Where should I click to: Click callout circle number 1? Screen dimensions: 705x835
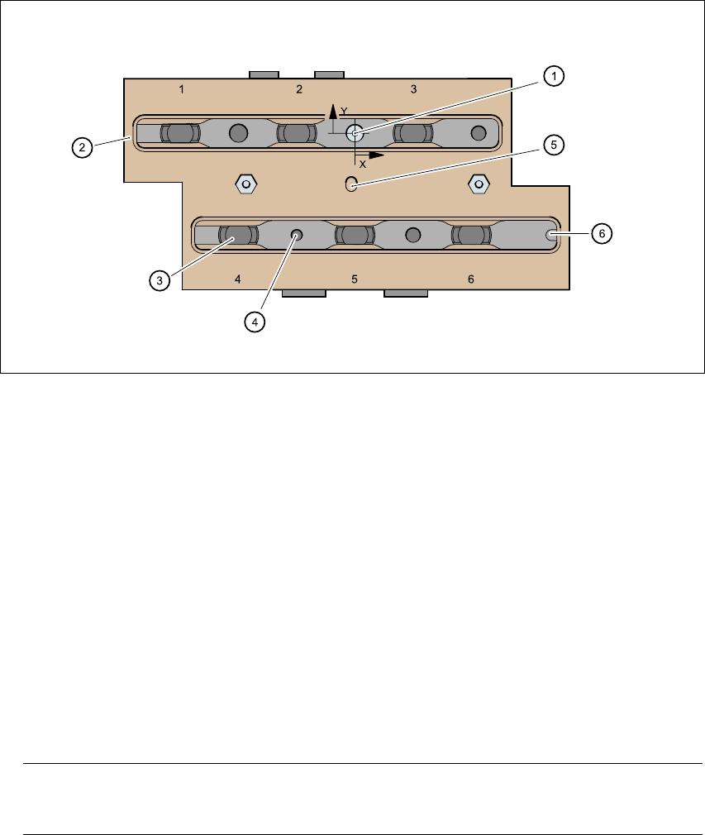pos(554,76)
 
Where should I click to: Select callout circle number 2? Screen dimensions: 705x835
pos(81,148)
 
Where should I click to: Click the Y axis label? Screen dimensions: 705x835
pos(343,110)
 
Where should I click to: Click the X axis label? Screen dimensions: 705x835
pos(362,165)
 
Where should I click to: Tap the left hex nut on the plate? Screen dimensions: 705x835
pos(245,183)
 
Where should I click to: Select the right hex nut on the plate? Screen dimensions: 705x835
pos(478,183)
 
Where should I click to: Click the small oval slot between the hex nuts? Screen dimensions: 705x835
pos(350,184)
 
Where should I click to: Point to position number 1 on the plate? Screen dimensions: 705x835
pos(182,88)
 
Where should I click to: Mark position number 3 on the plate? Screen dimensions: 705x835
pos(414,88)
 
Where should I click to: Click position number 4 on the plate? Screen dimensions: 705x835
pos(238,279)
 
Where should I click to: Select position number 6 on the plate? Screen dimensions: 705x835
pos(471,279)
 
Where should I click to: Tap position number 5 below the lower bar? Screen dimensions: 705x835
pos(355,279)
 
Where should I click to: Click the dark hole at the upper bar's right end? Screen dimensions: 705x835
pos(478,132)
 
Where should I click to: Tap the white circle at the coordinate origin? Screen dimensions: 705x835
pos(355,132)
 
